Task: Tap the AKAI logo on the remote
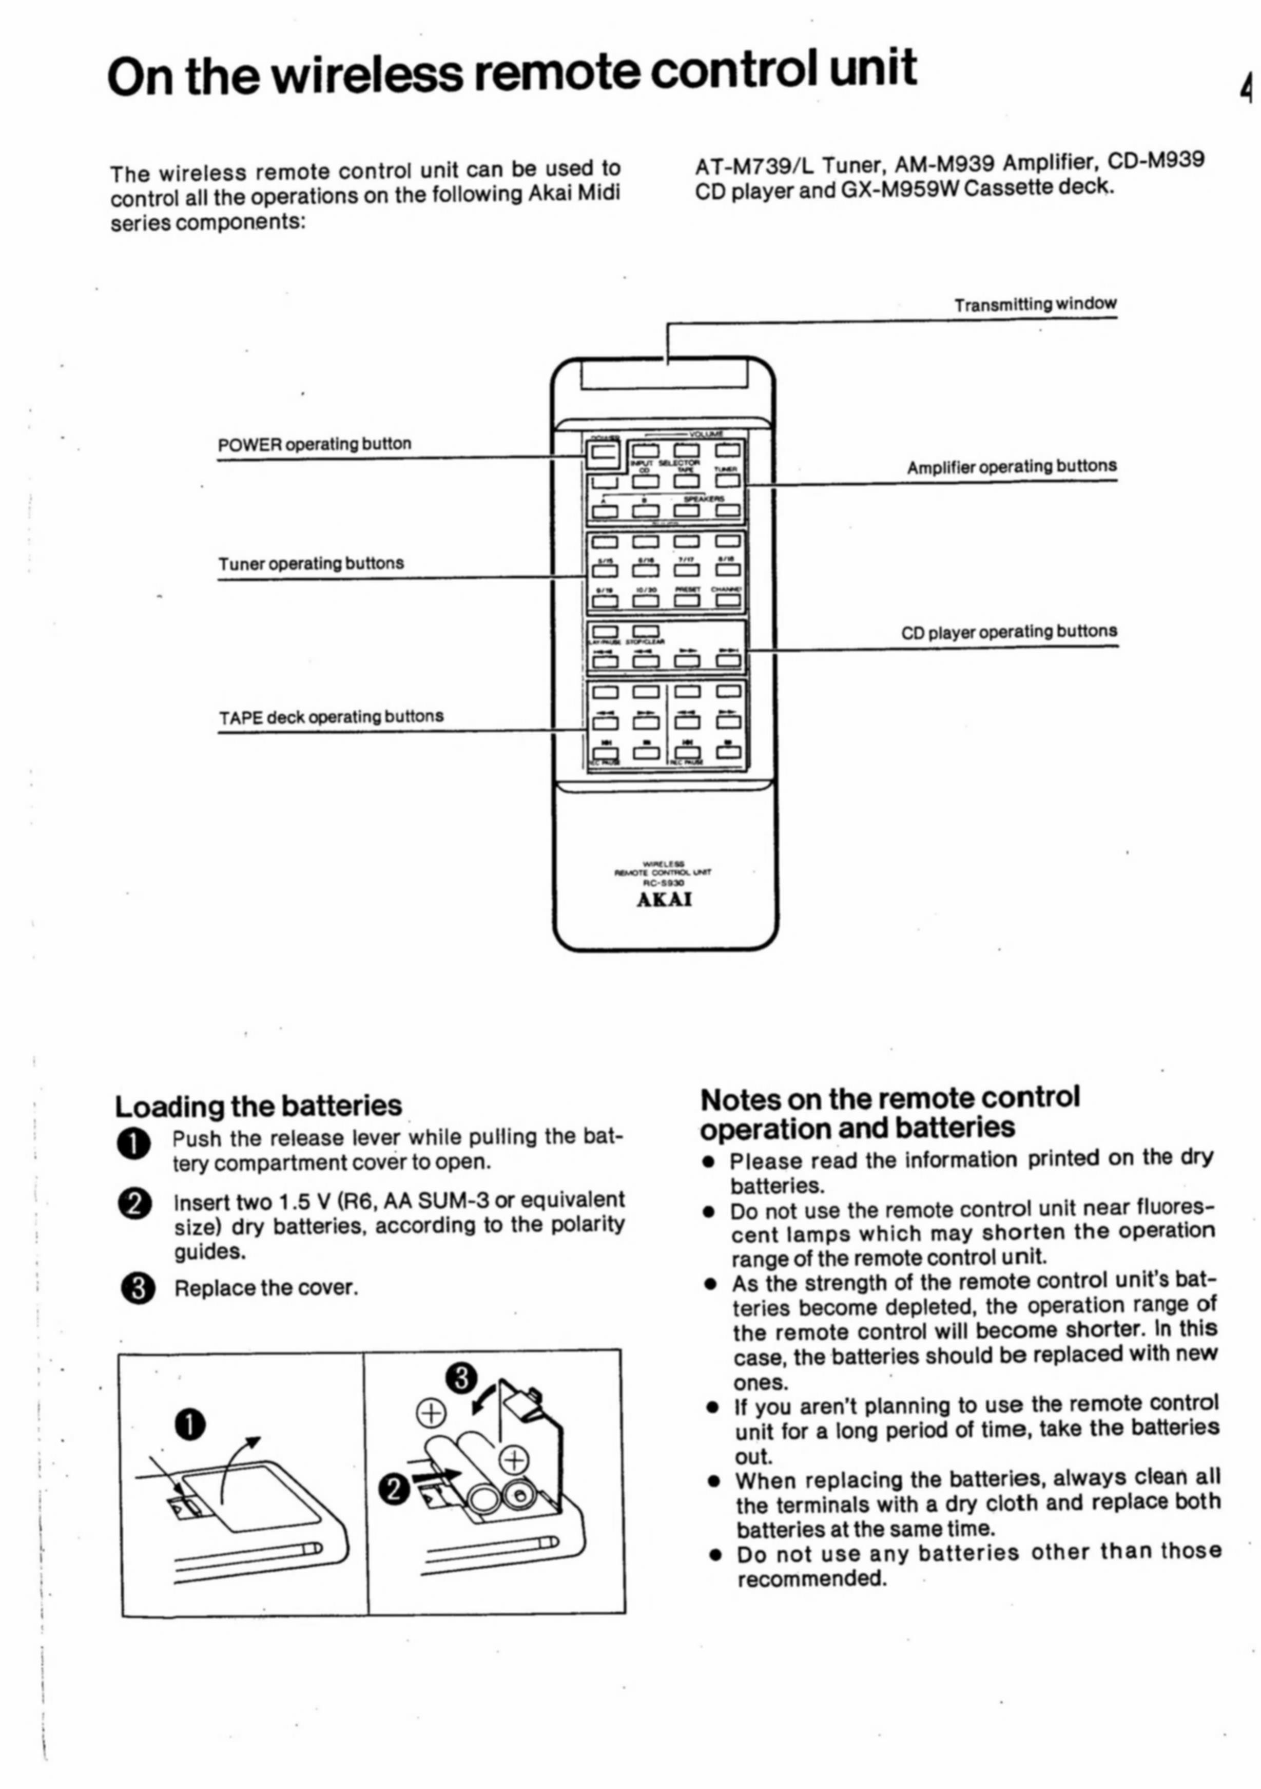click(x=665, y=900)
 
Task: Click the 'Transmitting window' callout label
click(x=1035, y=304)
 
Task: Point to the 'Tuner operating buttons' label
click(x=311, y=563)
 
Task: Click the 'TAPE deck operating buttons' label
click(x=331, y=717)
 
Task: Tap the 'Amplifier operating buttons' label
click(x=1011, y=467)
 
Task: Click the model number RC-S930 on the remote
click(x=665, y=884)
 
